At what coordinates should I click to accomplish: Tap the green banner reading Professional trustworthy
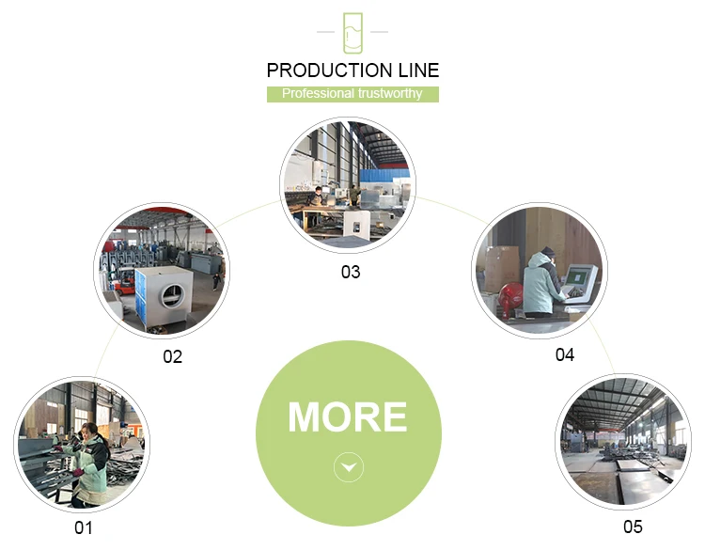click(352, 94)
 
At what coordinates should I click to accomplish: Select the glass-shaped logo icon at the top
click(352, 33)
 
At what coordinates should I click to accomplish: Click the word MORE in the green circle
click(348, 417)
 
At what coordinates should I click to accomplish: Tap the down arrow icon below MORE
click(349, 466)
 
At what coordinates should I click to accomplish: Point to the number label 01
click(84, 528)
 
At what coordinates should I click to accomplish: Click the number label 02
click(172, 356)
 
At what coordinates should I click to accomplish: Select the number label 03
click(350, 273)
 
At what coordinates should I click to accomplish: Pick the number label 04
click(564, 354)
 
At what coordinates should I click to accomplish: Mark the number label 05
click(633, 526)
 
